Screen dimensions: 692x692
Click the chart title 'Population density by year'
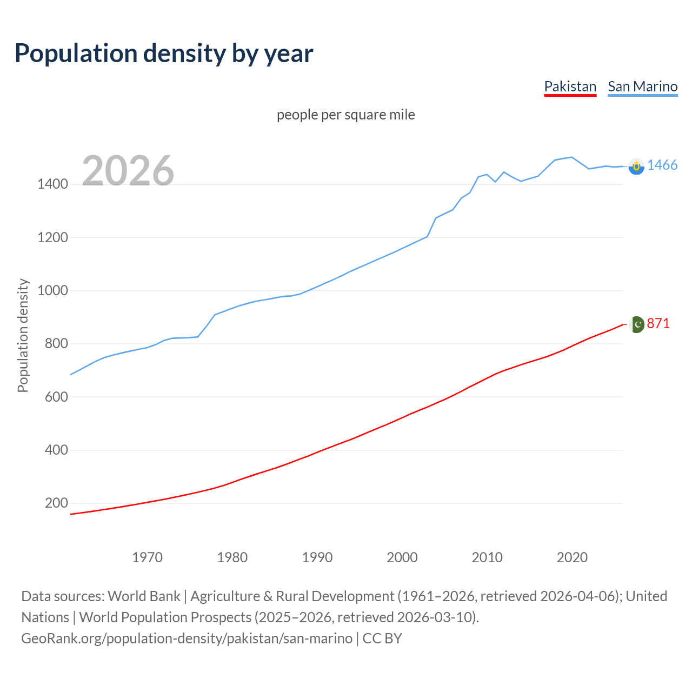click(164, 53)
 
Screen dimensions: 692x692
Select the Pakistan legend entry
click(570, 86)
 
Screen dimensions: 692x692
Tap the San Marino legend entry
click(642, 86)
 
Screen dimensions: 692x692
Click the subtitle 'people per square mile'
click(346, 115)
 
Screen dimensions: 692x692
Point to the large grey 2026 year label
click(128, 171)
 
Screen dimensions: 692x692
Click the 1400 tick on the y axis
click(52, 184)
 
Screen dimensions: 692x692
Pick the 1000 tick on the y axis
click(52, 291)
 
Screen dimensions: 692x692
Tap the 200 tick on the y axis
click(56, 503)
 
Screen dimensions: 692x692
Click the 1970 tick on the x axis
click(147, 557)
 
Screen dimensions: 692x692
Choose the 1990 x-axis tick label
click(317, 557)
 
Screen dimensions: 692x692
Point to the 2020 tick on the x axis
click(572, 557)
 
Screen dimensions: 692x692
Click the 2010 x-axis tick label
click(487, 557)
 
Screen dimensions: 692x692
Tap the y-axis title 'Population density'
click(23, 335)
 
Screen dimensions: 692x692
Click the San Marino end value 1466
click(662, 165)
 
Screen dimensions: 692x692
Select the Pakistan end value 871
click(658, 324)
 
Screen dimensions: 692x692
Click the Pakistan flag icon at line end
click(637, 324)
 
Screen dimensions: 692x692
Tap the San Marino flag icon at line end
click(636, 167)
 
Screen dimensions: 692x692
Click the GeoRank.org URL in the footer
click(187, 638)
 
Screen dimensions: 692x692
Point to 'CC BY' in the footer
click(382, 638)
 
